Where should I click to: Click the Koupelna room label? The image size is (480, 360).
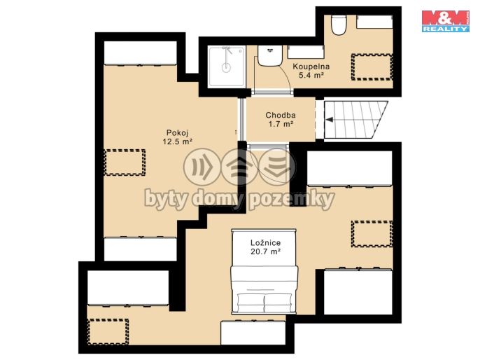point(311,67)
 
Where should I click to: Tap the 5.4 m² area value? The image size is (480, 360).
point(311,75)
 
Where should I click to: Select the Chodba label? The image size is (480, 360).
point(281,115)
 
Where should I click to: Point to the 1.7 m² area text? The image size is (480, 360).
point(281,124)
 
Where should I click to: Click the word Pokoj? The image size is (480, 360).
point(177,133)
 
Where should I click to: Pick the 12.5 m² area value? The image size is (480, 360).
point(178,141)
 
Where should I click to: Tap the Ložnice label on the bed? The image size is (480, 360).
point(265,243)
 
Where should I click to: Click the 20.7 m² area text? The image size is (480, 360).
point(266,251)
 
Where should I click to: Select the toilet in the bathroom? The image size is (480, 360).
point(339,25)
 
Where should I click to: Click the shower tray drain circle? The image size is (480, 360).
point(226,67)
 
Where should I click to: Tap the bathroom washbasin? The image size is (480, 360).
point(269,55)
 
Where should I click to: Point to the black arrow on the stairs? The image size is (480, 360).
point(329,120)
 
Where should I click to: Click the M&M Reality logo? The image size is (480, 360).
point(446,21)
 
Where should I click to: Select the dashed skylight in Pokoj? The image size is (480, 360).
point(125,162)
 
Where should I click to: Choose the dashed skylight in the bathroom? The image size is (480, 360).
point(372,67)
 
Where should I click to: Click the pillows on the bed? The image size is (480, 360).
point(264,303)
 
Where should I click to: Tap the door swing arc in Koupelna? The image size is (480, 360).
point(286,76)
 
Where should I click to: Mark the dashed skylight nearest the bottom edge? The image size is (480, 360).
point(108,331)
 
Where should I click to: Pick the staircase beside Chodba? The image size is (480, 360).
point(355,120)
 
